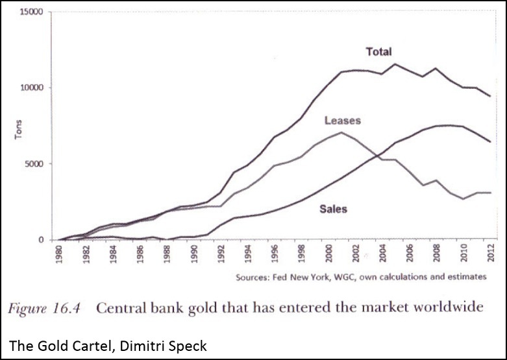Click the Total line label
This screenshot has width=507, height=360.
[x=378, y=51]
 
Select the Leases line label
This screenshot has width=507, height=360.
[x=342, y=121]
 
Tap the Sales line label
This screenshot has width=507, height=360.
[x=333, y=209]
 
